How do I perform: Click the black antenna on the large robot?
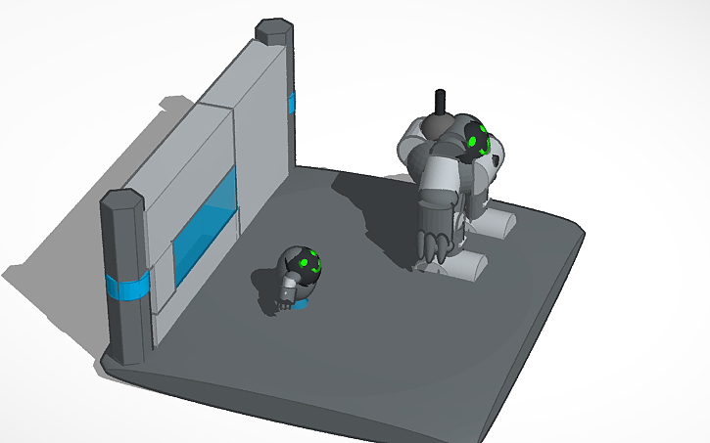click(440, 102)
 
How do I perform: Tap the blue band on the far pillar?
click(292, 103)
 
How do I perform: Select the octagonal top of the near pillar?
click(122, 200)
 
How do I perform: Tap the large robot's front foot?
click(466, 264)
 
